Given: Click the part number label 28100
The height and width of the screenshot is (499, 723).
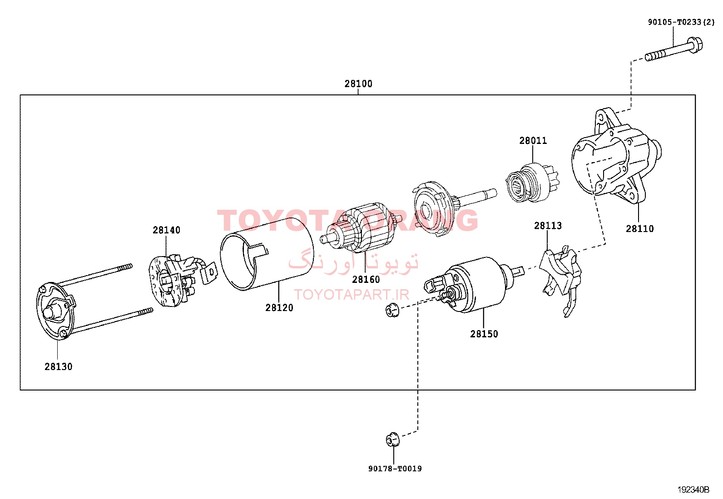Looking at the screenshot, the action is pos(358,84).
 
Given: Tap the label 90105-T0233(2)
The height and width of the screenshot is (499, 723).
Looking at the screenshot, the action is pos(681,22).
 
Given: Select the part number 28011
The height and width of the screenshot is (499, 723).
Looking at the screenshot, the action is pos(533,141).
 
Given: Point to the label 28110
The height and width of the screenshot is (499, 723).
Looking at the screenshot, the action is pos(640,229).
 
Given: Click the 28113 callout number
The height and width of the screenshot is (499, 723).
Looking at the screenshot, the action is pos(548,226).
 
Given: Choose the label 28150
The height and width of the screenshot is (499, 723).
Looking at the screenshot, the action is pos(484,334).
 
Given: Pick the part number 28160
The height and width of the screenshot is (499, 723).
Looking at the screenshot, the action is pos(366,280).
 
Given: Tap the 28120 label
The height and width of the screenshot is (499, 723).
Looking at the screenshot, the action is pos(279,308).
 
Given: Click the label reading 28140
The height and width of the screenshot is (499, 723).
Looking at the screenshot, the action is pos(166,230).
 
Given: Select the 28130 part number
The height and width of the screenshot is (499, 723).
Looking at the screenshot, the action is pos(59,367).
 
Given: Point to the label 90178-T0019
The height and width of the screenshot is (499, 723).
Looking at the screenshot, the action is pos(395,469).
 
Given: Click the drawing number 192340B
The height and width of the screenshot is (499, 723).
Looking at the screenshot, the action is pos(693,489).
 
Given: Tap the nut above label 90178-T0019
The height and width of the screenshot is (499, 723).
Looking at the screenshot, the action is pos(392,440).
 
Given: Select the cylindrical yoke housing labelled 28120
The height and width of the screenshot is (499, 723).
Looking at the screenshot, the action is pos(267,254).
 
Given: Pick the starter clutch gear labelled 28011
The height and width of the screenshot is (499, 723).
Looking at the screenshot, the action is pos(532,183).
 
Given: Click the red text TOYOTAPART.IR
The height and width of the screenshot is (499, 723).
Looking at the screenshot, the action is pos(352,294).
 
